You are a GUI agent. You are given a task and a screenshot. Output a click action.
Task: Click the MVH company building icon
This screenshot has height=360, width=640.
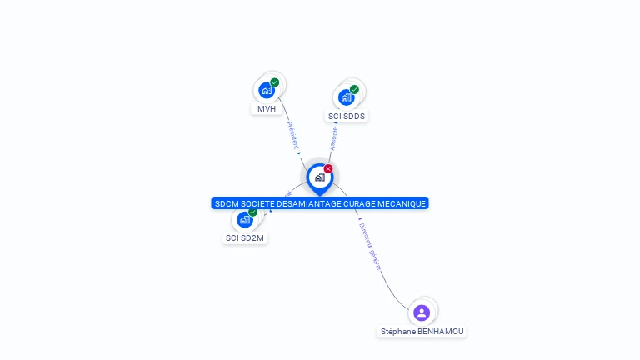tap(267, 90)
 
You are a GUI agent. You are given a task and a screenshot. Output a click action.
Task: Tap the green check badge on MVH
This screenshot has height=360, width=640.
tap(275, 82)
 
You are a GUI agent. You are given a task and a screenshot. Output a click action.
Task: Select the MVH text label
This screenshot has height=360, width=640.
tap(267, 109)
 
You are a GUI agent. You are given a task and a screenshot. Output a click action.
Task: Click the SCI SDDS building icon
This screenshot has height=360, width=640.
tap(346, 97)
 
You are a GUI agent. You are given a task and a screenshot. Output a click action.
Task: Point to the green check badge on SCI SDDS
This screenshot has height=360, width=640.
tap(354, 90)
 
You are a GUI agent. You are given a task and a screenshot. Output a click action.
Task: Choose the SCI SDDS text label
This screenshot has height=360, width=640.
tap(347, 117)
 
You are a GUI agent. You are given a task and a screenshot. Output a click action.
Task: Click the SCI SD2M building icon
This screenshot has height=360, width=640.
tap(244, 220)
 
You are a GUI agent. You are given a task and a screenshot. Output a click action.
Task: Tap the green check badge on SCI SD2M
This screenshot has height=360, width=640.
tap(252, 212)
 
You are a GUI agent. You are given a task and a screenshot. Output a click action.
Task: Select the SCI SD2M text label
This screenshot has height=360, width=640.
tap(245, 238)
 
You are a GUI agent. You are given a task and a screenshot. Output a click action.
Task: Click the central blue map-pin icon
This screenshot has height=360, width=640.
tap(319, 177)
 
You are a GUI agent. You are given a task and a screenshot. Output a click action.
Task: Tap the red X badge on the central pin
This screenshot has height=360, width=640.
tap(328, 169)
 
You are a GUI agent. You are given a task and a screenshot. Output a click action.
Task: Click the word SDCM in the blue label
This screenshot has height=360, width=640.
tap(226, 204)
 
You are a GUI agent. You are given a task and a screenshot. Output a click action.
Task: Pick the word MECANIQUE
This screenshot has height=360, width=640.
tap(404, 204)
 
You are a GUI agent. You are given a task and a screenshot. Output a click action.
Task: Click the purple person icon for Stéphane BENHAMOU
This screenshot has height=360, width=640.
tap(422, 312)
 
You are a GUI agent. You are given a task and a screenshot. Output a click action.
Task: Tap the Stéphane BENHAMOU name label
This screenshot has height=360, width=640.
tap(422, 332)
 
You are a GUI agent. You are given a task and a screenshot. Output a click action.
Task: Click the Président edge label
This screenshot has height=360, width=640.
tap(292, 136)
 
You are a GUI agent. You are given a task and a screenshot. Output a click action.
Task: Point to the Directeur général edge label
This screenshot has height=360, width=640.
tap(369, 245)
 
